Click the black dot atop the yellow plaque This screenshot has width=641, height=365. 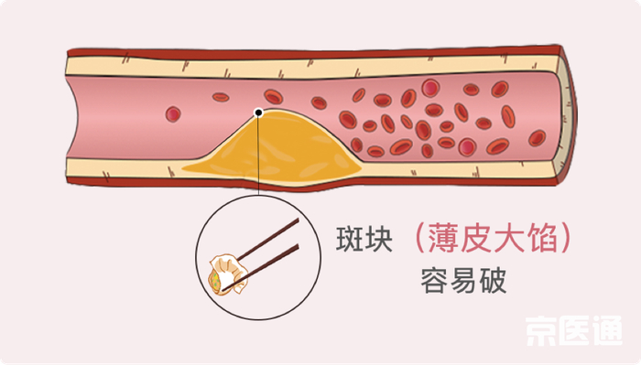tap(259, 113)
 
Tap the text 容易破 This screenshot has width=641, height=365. tap(463, 280)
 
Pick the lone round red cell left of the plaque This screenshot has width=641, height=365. tap(173, 114)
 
